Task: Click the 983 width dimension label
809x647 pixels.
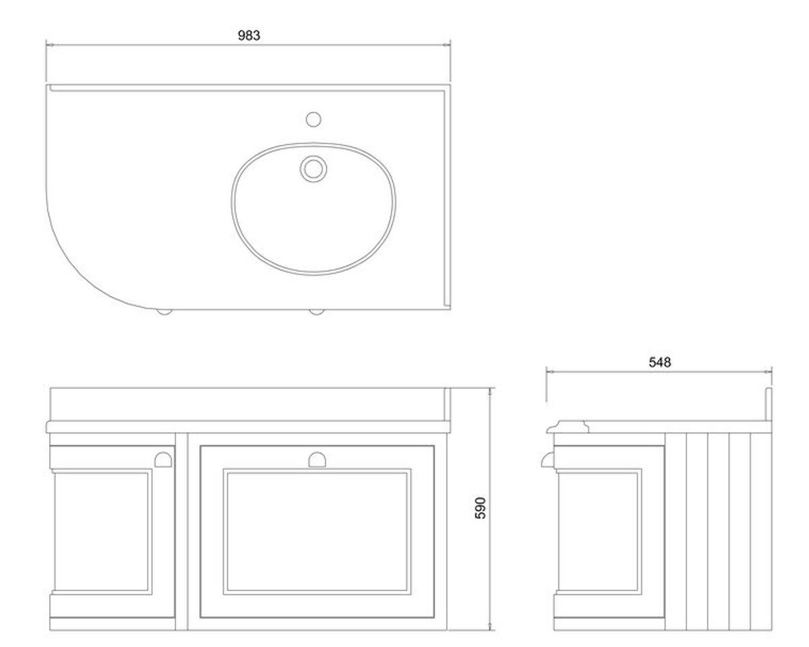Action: tap(249, 35)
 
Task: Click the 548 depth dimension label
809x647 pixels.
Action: tap(660, 362)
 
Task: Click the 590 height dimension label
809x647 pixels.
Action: tap(480, 508)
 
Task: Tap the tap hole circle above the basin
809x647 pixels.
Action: tap(313, 119)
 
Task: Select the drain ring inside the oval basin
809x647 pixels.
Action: tap(313, 169)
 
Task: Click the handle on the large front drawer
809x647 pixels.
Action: tap(317, 460)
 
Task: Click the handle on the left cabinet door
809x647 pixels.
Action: tap(164, 460)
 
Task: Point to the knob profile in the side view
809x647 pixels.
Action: tap(547, 460)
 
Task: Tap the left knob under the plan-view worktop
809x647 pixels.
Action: tap(164, 311)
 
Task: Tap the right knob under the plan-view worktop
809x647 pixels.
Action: tap(317, 311)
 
